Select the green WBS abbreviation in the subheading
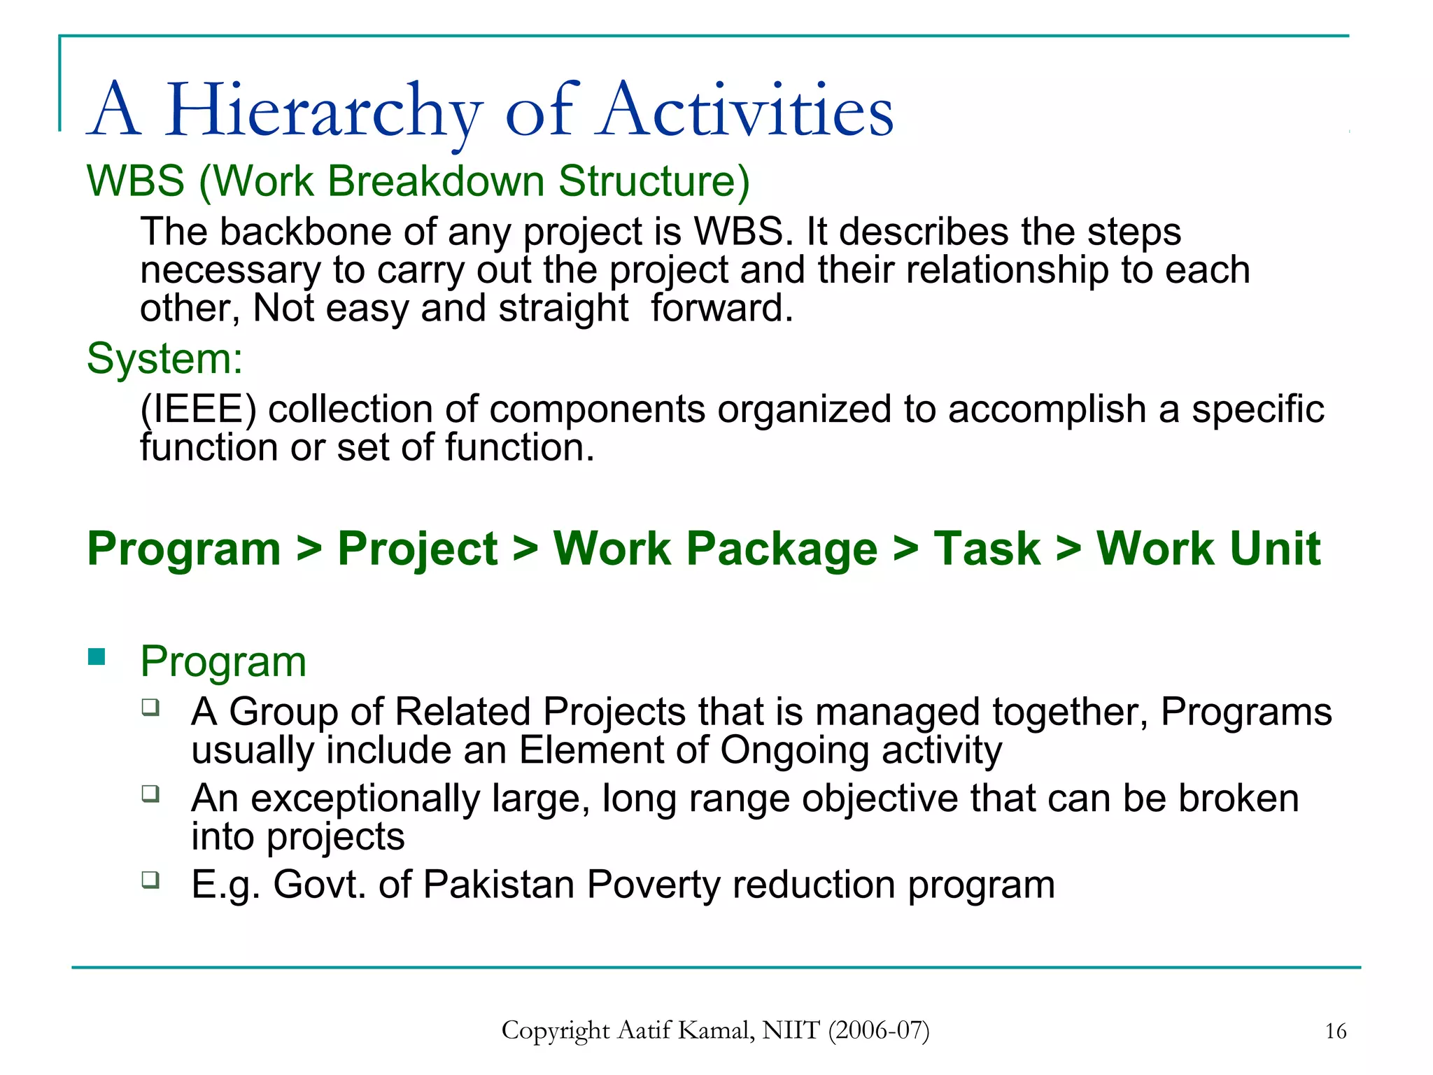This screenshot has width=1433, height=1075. point(136,181)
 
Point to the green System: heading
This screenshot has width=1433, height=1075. point(164,359)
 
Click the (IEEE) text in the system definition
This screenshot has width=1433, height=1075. point(198,409)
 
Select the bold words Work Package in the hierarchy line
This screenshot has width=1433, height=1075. point(715,549)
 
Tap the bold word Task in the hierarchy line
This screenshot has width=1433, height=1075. point(987,549)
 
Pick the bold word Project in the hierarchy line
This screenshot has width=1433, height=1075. point(418,549)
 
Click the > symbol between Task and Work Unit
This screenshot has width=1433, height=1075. point(1068,549)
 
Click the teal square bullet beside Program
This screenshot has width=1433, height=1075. point(97,656)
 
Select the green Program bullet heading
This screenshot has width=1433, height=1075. point(223,661)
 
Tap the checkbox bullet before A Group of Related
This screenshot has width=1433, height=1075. point(150,707)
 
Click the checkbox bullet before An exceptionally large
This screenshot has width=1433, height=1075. point(150,793)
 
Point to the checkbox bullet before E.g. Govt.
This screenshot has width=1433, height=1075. point(150,879)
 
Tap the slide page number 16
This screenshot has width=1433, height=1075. point(1335,1032)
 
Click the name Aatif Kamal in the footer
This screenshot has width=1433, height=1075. point(686,1030)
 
